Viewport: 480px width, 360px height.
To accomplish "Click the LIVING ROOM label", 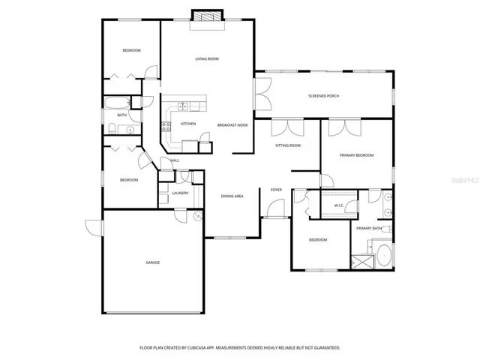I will (206, 58).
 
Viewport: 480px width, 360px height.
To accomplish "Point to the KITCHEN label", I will (188, 123).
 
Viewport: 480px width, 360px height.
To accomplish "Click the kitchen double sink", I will (182, 107).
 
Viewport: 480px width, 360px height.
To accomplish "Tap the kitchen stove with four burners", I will (166, 125).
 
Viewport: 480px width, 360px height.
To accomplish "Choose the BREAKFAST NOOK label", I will (232, 124).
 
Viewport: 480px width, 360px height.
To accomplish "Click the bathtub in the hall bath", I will (116, 103).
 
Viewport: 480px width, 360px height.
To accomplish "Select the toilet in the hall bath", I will (110, 127).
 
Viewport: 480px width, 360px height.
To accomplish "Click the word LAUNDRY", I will (180, 193).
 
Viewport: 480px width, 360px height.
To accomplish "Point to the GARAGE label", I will (152, 262).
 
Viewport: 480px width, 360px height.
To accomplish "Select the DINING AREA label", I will (232, 196).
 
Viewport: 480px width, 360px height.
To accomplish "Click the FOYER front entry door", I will (275, 217).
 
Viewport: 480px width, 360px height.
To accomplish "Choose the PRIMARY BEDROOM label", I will (357, 154).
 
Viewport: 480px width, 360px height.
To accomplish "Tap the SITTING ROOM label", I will (287, 145).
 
